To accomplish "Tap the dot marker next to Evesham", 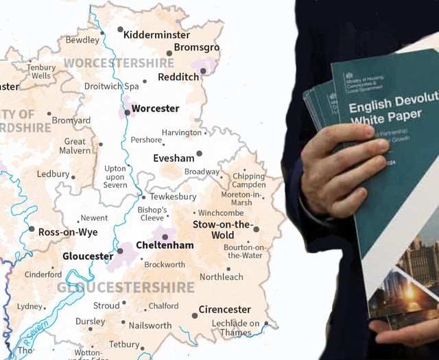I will [x=200, y=154].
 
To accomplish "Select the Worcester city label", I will [x=155, y=108].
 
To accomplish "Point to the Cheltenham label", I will [x=165, y=245].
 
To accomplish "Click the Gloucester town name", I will [x=88, y=256].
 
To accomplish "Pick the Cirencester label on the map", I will [x=224, y=309].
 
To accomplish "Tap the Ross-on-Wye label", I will [x=67, y=232].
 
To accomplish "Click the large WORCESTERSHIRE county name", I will [x=119, y=63].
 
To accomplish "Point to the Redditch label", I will [x=178, y=77].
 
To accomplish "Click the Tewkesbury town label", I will [x=173, y=197].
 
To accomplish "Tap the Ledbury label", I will [x=53, y=174].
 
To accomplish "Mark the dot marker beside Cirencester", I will [x=195, y=315].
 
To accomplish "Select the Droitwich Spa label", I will [x=111, y=86].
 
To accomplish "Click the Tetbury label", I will [x=123, y=344].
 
